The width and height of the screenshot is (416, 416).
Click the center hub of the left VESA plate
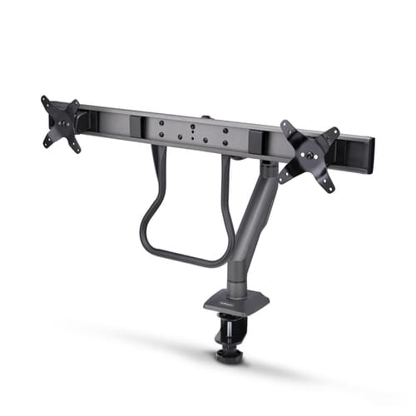[x=62, y=122]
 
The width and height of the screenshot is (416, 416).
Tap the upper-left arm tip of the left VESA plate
[x=44, y=100]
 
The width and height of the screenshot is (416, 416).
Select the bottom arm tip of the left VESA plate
[x=76, y=150]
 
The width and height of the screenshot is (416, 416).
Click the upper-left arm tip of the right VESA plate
[x=285, y=125]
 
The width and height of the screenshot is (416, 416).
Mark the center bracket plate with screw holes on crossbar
[x=192, y=133]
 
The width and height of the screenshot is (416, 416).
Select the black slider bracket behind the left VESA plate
[x=81, y=119]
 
